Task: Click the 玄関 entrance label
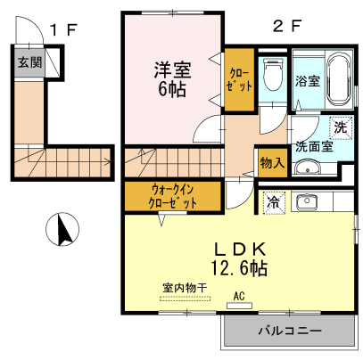(x=29, y=62)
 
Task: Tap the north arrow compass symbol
(x=62, y=229)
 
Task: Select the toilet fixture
(x=273, y=74)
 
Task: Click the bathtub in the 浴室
(x=340, y=78)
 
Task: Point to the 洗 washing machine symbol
(x=341, y=127)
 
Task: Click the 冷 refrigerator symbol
(x=274, y=203)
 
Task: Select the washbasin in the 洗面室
(x=308, y=168)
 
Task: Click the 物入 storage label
(x=272, y=163)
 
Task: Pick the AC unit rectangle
(x=239, y=306)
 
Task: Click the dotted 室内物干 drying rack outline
(x=185, y=299)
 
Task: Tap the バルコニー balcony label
(x=290, y=331)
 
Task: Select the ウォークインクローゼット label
(x=173, y=196)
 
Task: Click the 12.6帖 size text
(x=240, y=268)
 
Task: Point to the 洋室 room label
(x=172, y=70)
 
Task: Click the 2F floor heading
(x=287, y=26)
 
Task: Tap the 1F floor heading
(x=63, y=29)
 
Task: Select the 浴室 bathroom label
(x=308, y=81)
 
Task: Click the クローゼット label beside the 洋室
(x=239, y=79)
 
